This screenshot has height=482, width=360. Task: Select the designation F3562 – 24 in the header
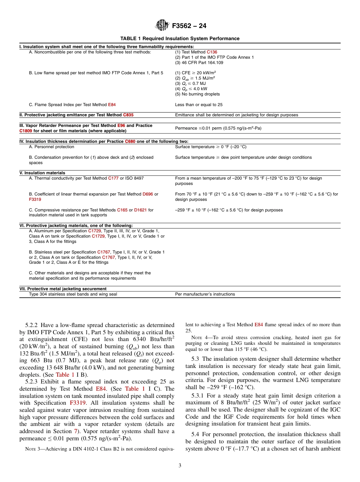[189, 26]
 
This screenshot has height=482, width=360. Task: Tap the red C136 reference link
[212, 52]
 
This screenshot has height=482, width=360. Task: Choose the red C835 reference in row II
[128, 115]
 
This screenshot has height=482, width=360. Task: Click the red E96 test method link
[121, 125]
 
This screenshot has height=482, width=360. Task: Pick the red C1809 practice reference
[26, 131]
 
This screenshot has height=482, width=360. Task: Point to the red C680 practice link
[130, 141]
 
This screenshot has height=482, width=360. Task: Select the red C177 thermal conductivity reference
[113, 178]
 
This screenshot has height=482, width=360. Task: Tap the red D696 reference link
[147, 194]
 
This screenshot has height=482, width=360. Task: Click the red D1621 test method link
[140, 210]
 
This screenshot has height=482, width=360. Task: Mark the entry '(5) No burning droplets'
[197, 94]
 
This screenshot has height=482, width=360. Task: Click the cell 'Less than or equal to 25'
[199, 105]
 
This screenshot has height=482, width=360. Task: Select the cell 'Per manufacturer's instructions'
[205, 294]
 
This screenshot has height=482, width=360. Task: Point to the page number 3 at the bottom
[180, 466]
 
